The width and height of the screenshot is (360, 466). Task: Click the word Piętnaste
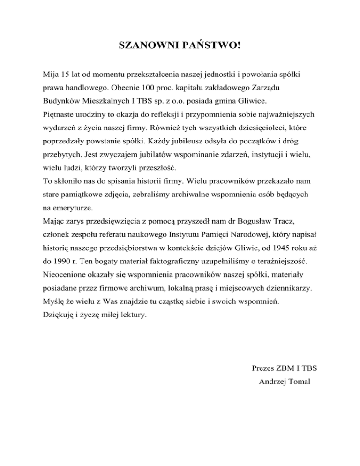point(59,114)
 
